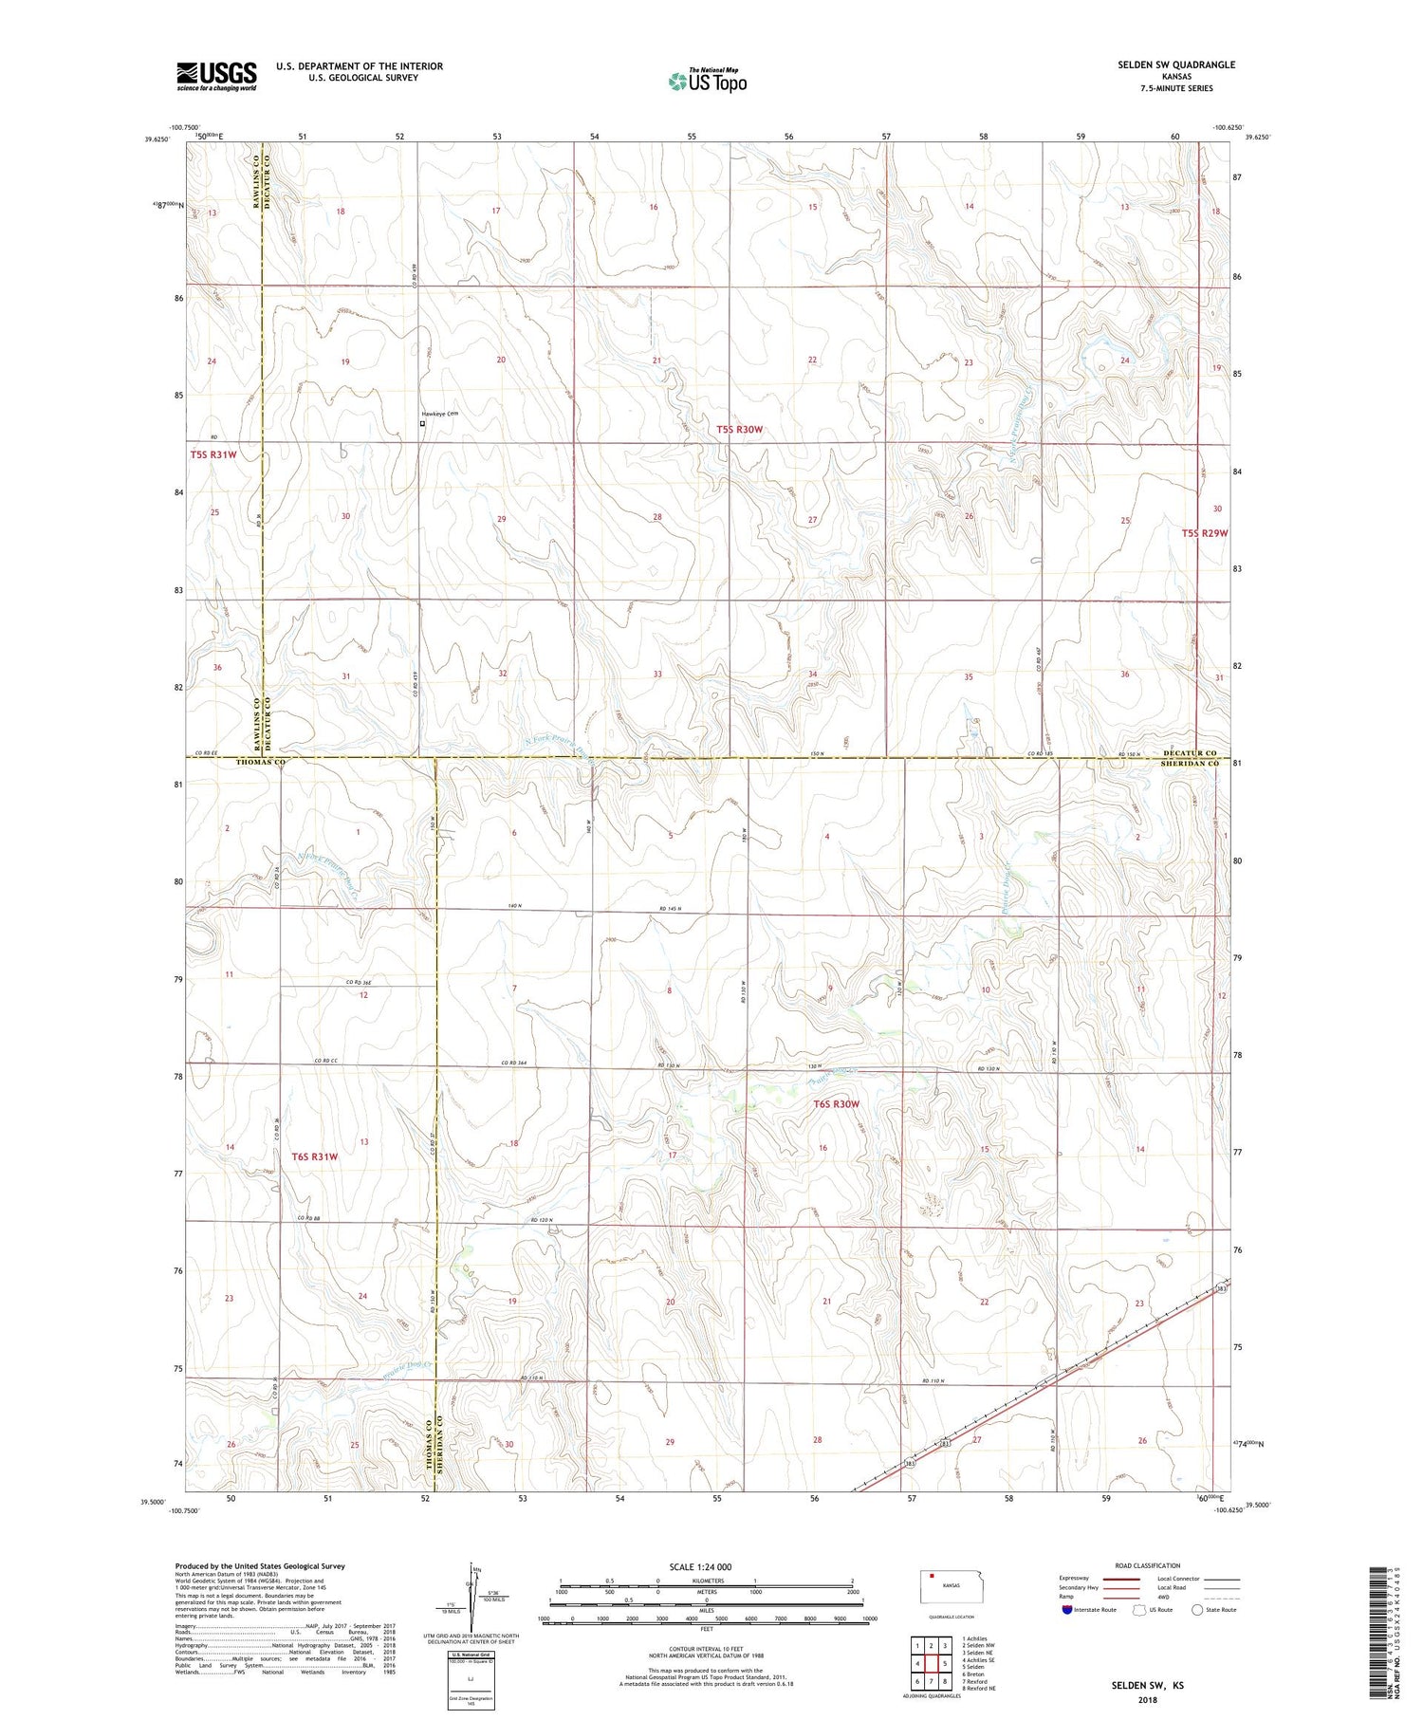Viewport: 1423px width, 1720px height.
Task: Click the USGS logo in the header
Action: pyautogui.click(x=216, y=75)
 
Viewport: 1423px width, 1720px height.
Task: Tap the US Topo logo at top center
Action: pyautogui.click(x=707, y=81)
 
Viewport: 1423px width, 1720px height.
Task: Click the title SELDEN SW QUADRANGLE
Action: pyautogui.click(x=1176, y=65)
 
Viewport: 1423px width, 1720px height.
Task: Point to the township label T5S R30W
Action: pyautogui.click(x=739, y=430)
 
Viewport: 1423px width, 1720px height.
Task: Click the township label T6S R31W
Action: pyautogui.click(x=315, y=1156)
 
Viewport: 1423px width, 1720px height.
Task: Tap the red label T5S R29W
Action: pyautogui.click(x=1205, y=533)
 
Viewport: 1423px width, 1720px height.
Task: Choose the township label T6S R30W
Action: pyautogui.click(x=836, y=1104)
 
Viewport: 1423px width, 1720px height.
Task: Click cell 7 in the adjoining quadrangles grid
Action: pyautogui.click(x=917, y=1682)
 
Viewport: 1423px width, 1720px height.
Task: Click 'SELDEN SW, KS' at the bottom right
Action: pyautogui.click(x=1147, y=1686)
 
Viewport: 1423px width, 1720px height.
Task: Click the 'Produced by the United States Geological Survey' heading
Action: pyautogui.click(x=259, y=1566)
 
